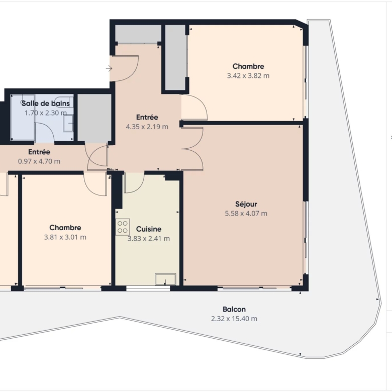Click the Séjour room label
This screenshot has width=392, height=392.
[246, 204]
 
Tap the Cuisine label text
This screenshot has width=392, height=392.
[149, 229]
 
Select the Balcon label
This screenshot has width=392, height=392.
[234, 309]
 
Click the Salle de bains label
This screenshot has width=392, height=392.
[46, 103]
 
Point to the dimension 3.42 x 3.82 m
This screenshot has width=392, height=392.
[248, 76]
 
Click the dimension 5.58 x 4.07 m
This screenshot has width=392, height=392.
[246, 214]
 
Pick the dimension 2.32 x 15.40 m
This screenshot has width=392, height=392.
[234, 319]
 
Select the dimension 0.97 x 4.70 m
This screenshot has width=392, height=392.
[39, 161]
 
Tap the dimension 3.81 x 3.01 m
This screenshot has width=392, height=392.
[65, 237]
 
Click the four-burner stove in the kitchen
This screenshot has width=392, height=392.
[123, 227]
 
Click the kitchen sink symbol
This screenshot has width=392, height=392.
[165, 279]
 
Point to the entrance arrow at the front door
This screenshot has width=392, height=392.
[109, 68]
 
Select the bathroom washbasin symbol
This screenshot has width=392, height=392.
[68, 123]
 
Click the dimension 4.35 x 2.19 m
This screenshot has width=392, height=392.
[147, 127]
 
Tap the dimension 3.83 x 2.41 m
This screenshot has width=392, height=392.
[149, 239]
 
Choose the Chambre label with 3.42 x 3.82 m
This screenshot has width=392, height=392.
[248, 66]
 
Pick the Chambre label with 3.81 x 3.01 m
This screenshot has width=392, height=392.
[65, 228]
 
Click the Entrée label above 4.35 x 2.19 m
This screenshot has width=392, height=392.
[147, 117]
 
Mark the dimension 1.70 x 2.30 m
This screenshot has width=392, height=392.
[46, 113]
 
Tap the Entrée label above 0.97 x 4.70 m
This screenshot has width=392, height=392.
[39, 152]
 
